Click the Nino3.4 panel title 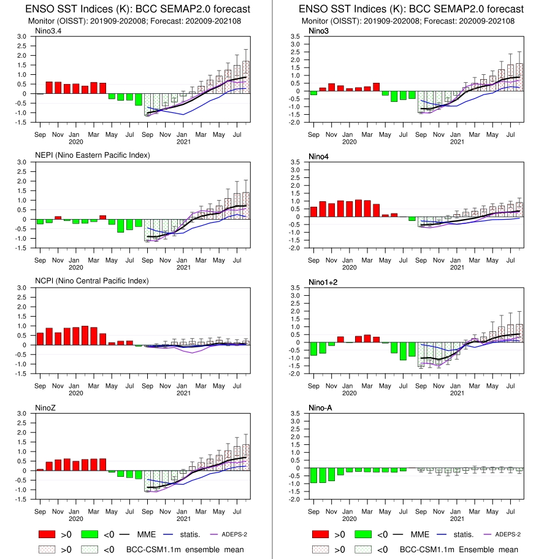pyautogui.click(x=48, y=31)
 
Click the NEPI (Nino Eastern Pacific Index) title pyautogui.click(x=92, y=155)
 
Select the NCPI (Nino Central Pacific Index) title pyautogui.click(x=91, y=281)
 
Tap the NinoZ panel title pyautogui.click(x=45, y=408)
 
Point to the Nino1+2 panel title pyautogui.click(x=323, y=282)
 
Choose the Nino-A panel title pyautogui.click(x=320, y=408)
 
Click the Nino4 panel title pyautogui.click(x=318, y=156)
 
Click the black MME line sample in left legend pyautogui.click(x=125, y=534)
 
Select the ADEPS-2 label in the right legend pyautogui.click(x=508, y=534)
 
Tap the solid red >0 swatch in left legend pyautogui.click(x=47, y=534)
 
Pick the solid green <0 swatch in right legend pyautogui.click(x=363, y=534)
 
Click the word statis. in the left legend pyautogui.click(x=190, y=534)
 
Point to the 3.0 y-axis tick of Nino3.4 pyautogui.click(x=21, y=36)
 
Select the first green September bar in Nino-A pyautogui.click(x=313, y=475)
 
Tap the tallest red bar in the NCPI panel pyautogui.click(x=85, y=336)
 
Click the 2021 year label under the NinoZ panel pyautogui.click(x=183, y=519)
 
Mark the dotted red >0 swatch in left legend pyautogui.click(x=47, y=549)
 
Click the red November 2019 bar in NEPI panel pyautogui.click(x=58, y=218)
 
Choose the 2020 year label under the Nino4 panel pyautogui.click(x=349, y=268)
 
